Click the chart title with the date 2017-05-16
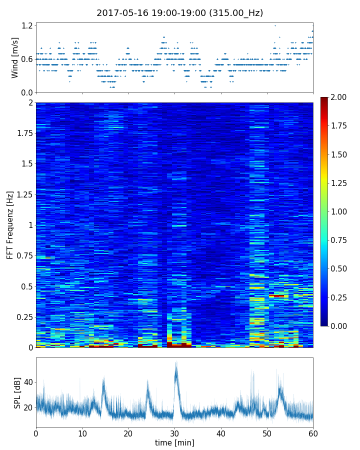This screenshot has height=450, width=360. point(179,13)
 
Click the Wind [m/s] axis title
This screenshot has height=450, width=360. point(15,57)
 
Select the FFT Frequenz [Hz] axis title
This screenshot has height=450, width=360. point(10,225)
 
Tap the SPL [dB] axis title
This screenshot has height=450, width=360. point(17,392)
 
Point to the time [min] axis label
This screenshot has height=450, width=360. point(174,442)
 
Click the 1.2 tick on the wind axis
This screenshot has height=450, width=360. point(27,25)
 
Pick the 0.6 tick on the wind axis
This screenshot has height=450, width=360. point(27,59)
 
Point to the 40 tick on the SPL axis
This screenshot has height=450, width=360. point(28,382)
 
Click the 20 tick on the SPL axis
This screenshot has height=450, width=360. point(28,407)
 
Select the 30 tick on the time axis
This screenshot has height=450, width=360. point(174,433)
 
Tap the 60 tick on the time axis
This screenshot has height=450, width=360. point(313,433)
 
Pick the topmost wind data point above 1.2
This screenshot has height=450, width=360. point(275,25)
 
